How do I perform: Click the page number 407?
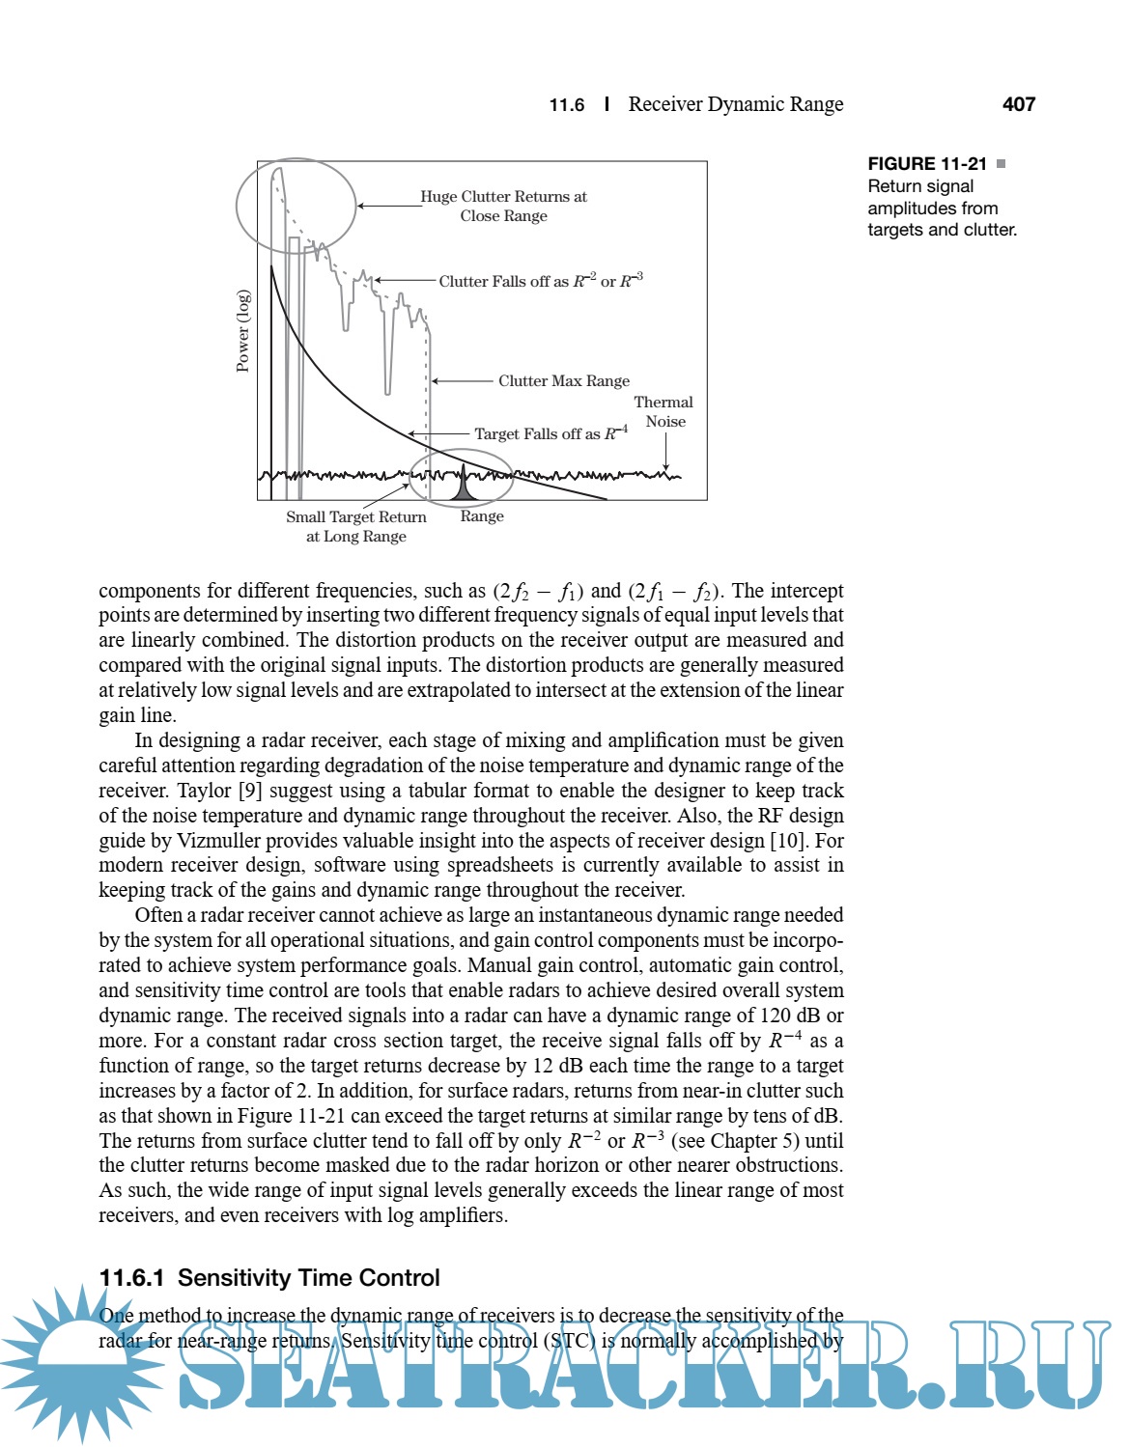1019,104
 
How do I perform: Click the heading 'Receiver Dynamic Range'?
735,104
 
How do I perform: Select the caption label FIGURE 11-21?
927,164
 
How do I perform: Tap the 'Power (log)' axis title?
243,330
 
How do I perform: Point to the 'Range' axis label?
482,516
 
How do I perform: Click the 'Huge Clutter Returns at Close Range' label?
503,207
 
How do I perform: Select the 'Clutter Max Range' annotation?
564,381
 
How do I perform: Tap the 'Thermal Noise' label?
664,412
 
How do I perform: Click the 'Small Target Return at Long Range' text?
356,526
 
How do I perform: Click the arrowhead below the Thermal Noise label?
665,468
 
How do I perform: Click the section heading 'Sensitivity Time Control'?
308,1278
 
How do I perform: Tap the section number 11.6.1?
131,1278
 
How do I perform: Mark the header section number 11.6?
567,105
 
